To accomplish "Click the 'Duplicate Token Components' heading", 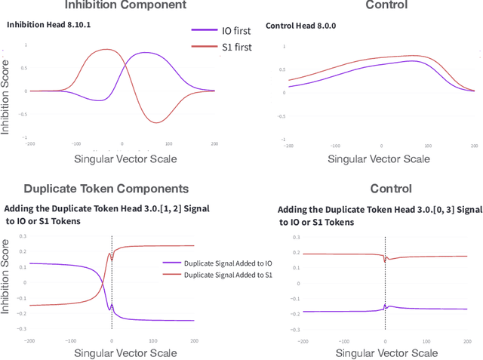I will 106,189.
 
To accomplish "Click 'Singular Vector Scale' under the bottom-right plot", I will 386,352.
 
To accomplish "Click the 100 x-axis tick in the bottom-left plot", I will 153,340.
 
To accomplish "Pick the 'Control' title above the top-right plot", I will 386,5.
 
